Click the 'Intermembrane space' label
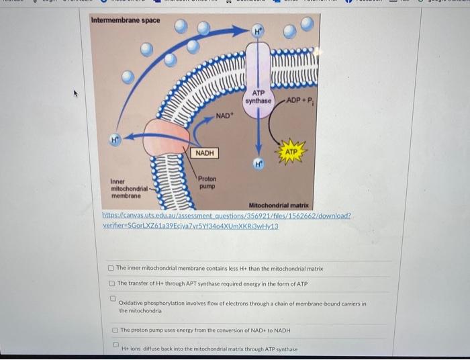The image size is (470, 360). (x=126, y=20)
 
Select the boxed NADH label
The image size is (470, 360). (x=205, y=153)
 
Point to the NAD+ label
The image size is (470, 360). (x=224, y=116)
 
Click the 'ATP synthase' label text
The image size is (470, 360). (x=258, y=97)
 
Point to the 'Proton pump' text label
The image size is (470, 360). (x=207, y=182)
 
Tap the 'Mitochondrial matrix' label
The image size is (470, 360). (x=279, y=205)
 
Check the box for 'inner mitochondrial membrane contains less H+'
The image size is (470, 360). (x=111, y=269)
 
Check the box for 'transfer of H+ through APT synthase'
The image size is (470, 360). (x=111, y=283)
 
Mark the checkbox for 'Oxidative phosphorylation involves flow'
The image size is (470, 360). (x=113, y=299)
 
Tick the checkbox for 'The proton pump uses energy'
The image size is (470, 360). (x=115, y=330)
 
